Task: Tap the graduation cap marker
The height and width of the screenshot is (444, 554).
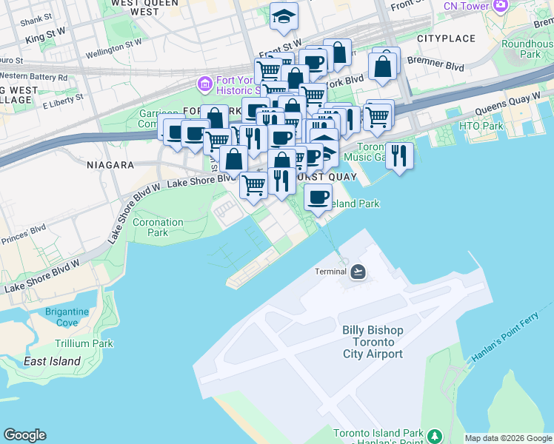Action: coord(283,16)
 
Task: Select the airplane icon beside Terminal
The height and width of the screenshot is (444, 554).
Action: coord(358,272)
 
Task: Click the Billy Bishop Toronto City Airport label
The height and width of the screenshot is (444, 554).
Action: coord(373,342)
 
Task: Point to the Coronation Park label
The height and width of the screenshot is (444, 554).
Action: coord(158,227)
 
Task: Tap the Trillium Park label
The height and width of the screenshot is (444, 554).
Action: coord(84,343)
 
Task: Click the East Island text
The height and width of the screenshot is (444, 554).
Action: coord(51,361)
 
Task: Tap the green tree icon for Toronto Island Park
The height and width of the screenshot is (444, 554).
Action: coord(435,434)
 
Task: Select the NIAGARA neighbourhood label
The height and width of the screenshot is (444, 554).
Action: coord(110,165)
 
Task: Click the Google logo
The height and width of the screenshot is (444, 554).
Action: coord(24,435)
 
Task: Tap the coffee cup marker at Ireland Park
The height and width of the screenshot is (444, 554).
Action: coord(318,198)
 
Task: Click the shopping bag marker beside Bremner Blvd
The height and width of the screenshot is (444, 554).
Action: coord(384,67)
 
